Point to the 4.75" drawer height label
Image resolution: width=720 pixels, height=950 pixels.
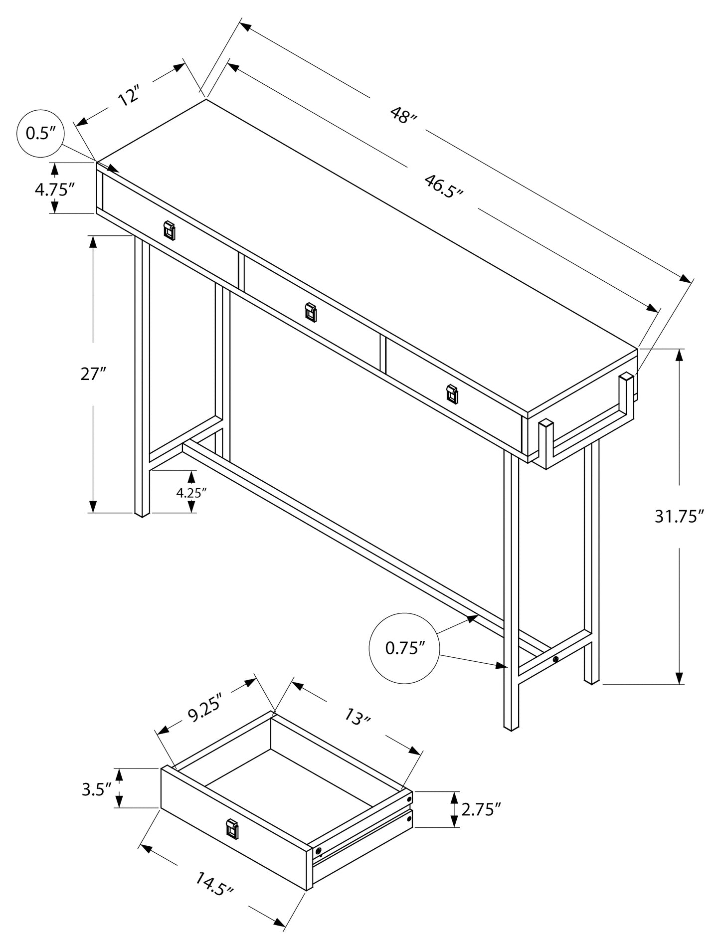point(54,190)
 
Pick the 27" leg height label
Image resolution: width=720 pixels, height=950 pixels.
point(93,374)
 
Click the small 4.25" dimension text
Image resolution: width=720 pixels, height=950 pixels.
point(191,493)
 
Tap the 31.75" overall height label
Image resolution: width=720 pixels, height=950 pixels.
point(679,517)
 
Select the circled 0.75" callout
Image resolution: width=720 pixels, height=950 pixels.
point(404,648)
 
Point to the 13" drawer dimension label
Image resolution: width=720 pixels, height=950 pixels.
point(358,718)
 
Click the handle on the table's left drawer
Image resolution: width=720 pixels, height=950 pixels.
point(170,230)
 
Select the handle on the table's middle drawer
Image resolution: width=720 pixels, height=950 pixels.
point(311,312)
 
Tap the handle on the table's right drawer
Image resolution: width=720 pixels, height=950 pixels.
point(452,393)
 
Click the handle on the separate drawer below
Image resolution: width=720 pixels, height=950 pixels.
point(232,829)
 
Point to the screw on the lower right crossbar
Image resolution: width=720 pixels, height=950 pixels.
point(555,660)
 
